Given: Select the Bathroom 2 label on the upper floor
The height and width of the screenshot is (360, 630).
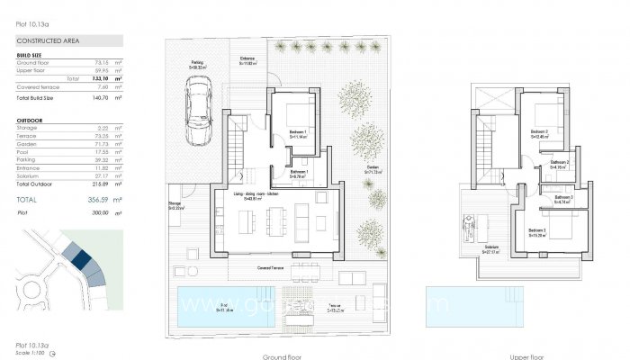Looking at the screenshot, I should [561, 162].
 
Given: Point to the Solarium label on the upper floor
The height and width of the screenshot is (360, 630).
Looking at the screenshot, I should [491, 247].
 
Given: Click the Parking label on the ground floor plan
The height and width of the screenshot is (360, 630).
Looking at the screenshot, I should [196, 63].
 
